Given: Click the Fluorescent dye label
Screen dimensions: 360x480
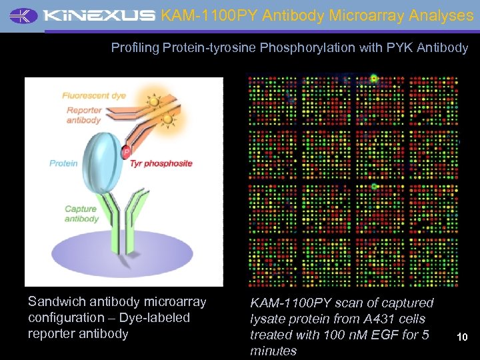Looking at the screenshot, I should point(94,95).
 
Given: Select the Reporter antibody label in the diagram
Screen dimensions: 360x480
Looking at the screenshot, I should point(83,115).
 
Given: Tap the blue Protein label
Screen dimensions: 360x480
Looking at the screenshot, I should point(63,163).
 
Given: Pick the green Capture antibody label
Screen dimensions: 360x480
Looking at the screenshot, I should point(81,214).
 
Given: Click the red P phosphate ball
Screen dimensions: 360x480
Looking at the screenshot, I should point(126,153).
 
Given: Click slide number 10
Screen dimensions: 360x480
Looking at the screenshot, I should point(462,337).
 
